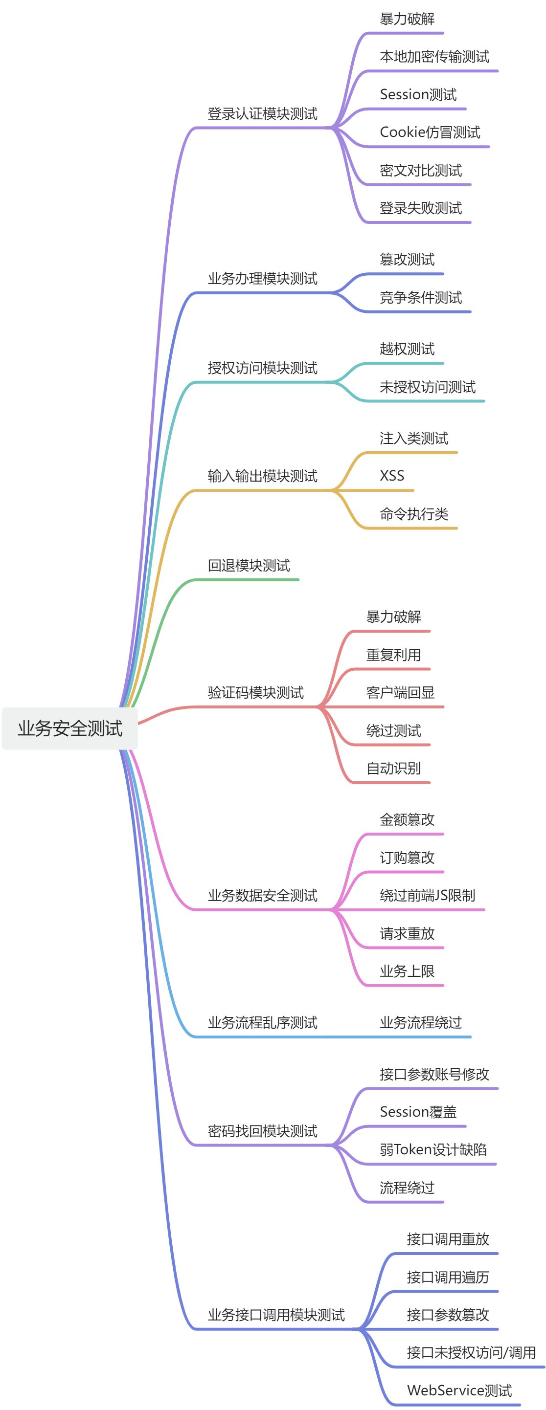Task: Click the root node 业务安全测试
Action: coord(70,728)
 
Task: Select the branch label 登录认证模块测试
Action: coord(262,114)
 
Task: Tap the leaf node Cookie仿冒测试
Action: coord(430,132)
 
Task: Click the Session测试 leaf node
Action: coord(418,94)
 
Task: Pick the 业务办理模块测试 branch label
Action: coord(262,278)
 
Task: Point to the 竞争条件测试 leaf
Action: coord(421,297)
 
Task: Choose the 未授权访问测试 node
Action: coord(428,387)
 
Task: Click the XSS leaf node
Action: coord(392,475)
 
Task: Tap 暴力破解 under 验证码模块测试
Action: coord(393,617)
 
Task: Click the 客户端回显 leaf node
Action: coord(400,692)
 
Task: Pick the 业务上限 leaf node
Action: coord(407,971)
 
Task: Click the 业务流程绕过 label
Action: coord(421,1022)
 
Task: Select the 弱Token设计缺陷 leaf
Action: coord(433,1149)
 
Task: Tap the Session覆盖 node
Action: coord(418,1111)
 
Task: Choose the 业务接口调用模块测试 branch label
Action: coord(276,1314)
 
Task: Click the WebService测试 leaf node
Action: coord(459,1390)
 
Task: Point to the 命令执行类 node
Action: coord(414,513)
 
